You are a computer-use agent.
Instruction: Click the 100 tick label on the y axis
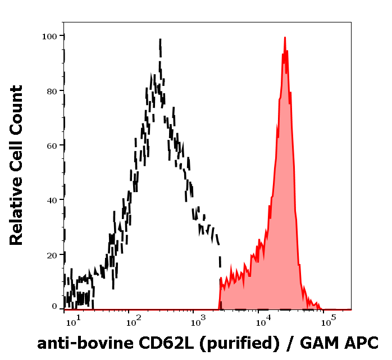(49, 36)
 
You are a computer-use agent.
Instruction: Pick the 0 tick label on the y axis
(54, 307)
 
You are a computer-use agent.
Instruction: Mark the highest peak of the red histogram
(285, 38)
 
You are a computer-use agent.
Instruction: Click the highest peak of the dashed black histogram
(160, 40)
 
